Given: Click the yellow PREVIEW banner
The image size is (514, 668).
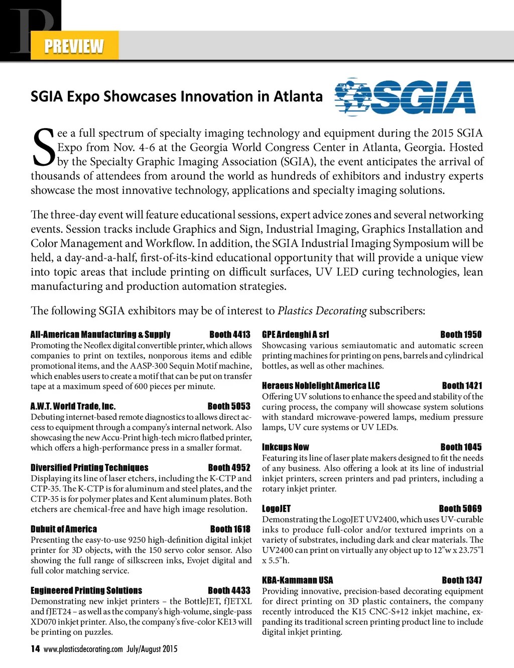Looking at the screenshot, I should tap(74, 46).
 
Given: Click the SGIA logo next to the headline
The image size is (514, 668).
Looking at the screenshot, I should tap(405, 97).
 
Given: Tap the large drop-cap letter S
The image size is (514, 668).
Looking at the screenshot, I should tap(43, 147).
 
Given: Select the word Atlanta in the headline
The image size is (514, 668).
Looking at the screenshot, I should tap(298, 96).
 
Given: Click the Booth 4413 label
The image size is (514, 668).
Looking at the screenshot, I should tap(230, 335).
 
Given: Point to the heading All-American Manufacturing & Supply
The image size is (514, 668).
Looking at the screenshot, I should tap(100, 335).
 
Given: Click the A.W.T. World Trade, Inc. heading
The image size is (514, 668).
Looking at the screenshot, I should tap(73, 406).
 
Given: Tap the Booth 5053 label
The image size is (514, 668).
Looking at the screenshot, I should tap(229, 406).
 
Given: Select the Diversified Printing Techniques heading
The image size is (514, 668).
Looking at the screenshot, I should tap(89, 468).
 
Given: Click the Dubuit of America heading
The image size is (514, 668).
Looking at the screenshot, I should tap(64, 529).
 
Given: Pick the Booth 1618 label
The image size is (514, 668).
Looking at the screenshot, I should tap(230, 529).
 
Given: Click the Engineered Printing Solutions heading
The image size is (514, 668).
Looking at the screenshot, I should tap(86, 591).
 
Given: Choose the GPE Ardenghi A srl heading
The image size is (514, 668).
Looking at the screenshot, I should tap(296, 335).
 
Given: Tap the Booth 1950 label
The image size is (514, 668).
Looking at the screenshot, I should tap(461, 335).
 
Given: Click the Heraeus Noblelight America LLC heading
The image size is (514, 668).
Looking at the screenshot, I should tap(321, 386).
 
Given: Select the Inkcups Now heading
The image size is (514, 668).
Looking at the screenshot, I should tap(286, 447).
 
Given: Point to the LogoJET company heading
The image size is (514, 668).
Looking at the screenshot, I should tap(277, 509).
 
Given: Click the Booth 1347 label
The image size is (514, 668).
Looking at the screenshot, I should tap(462, 580).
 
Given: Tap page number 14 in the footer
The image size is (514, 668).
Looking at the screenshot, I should tap(35, 649).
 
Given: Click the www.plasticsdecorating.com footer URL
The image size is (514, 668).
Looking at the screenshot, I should tap(83, 649).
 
